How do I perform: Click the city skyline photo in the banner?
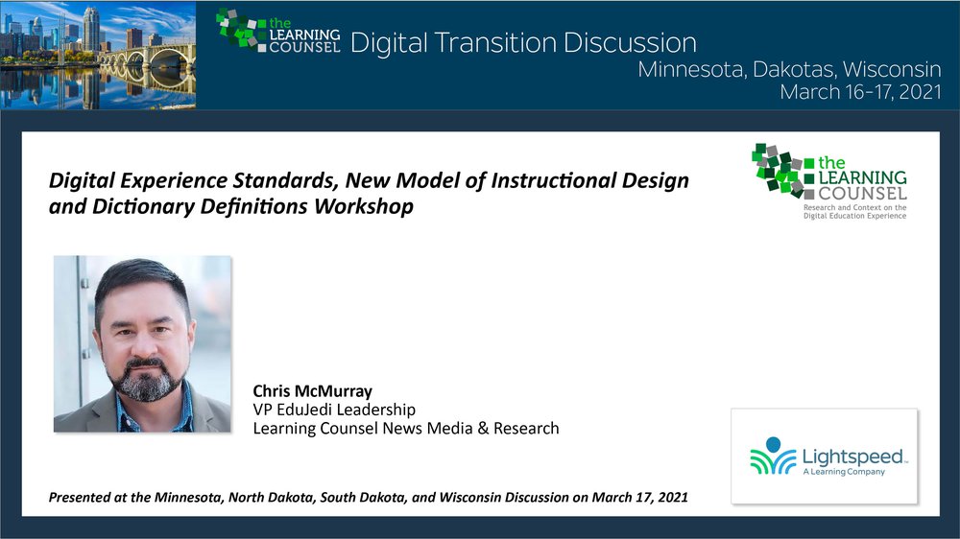(x=98, y=55)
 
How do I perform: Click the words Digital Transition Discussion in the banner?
(x=523, y=43)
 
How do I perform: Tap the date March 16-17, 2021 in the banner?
(x=860, y=92)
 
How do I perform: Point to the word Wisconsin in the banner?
(x=892, y=69)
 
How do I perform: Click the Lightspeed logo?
(x=825, y=457)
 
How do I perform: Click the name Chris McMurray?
(x=312, y=391)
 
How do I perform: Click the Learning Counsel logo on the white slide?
(x=829, y=181)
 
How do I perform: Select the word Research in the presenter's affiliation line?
(x=526, y=429)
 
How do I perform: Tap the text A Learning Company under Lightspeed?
(x=844, y=472)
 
